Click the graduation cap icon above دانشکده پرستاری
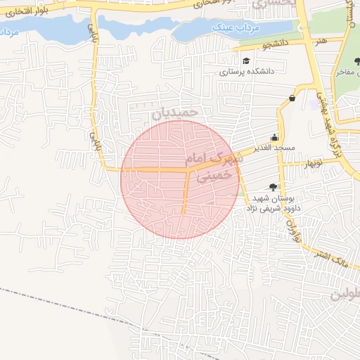(x=245, y=61)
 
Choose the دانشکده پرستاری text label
(x=247, y=71)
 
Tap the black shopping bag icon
(x=291, y=98)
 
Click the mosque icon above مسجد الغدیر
(x=274, y=138)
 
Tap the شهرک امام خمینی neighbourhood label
(x=214, y=167)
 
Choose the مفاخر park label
(x=347, y=71)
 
